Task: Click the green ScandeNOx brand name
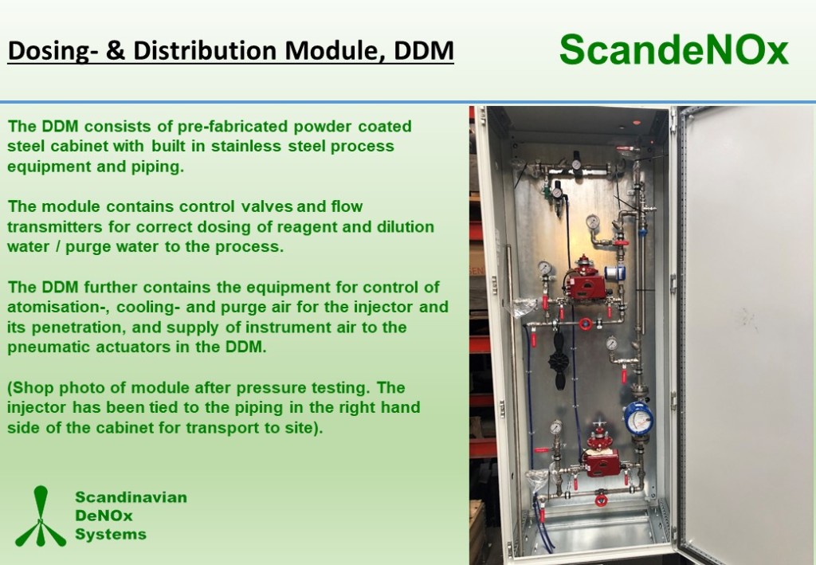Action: (x=674, y=50)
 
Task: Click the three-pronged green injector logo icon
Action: (x=41, y=516)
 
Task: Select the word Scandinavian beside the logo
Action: (x=131, y=496)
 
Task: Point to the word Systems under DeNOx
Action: (x=111, y=534)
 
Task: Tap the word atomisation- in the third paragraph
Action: (x=57, y=307)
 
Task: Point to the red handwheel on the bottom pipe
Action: (x=601, y=500)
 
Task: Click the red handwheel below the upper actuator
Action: (x=586, y=324)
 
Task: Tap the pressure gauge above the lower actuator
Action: (x=556, y=427)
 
